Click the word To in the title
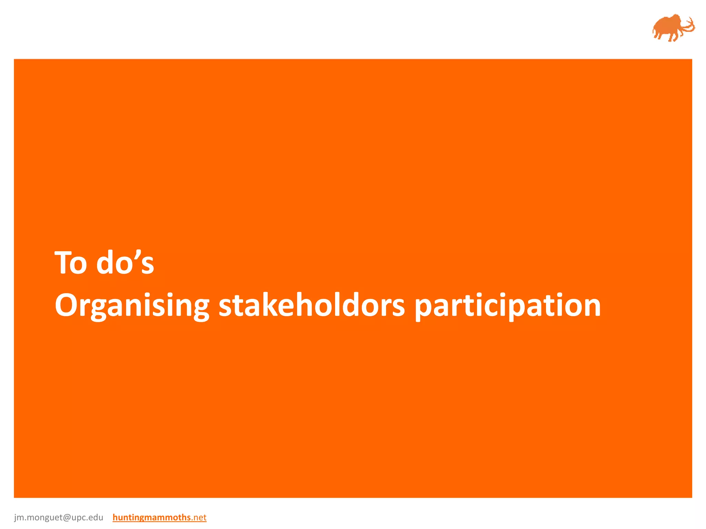tap(71, 263)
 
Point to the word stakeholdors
tap(312, 305)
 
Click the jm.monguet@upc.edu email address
tap(59, 517)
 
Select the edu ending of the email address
tap(96, 517)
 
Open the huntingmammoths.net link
tap(159, 517)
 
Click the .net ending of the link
tap(199, 517)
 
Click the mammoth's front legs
tap(672, 37)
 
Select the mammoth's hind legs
tap(657, 35)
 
